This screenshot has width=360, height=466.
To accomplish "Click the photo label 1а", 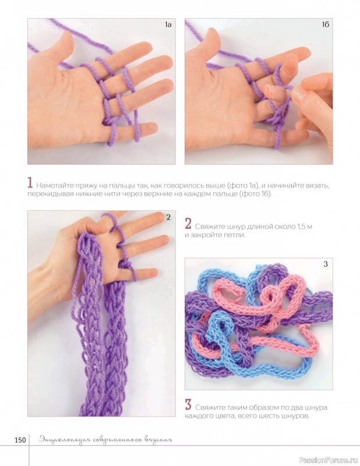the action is click(x=168, y=24).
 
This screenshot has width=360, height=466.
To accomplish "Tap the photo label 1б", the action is click(x=325, y=24).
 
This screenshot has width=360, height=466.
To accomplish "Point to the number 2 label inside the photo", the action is click(x=168, y=217).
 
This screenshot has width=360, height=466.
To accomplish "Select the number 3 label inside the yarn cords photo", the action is click(x=326, y=264).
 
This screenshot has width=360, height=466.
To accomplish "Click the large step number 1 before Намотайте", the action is click(x=30, y=182).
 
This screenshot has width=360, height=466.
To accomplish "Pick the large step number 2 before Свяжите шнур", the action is click(x=188, y=224).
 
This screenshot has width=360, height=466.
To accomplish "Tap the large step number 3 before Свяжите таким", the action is click(x=188, y=405).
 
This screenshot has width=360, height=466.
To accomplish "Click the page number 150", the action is click(x=20, y=440).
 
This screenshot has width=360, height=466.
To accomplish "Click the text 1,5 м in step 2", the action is click(x=304, y=227).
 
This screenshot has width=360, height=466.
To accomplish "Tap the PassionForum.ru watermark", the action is click(x=328, y=459).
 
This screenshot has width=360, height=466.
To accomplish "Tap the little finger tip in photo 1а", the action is click(x=151, y=128).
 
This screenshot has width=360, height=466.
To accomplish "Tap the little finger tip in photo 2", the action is click(x=153, y=272).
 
